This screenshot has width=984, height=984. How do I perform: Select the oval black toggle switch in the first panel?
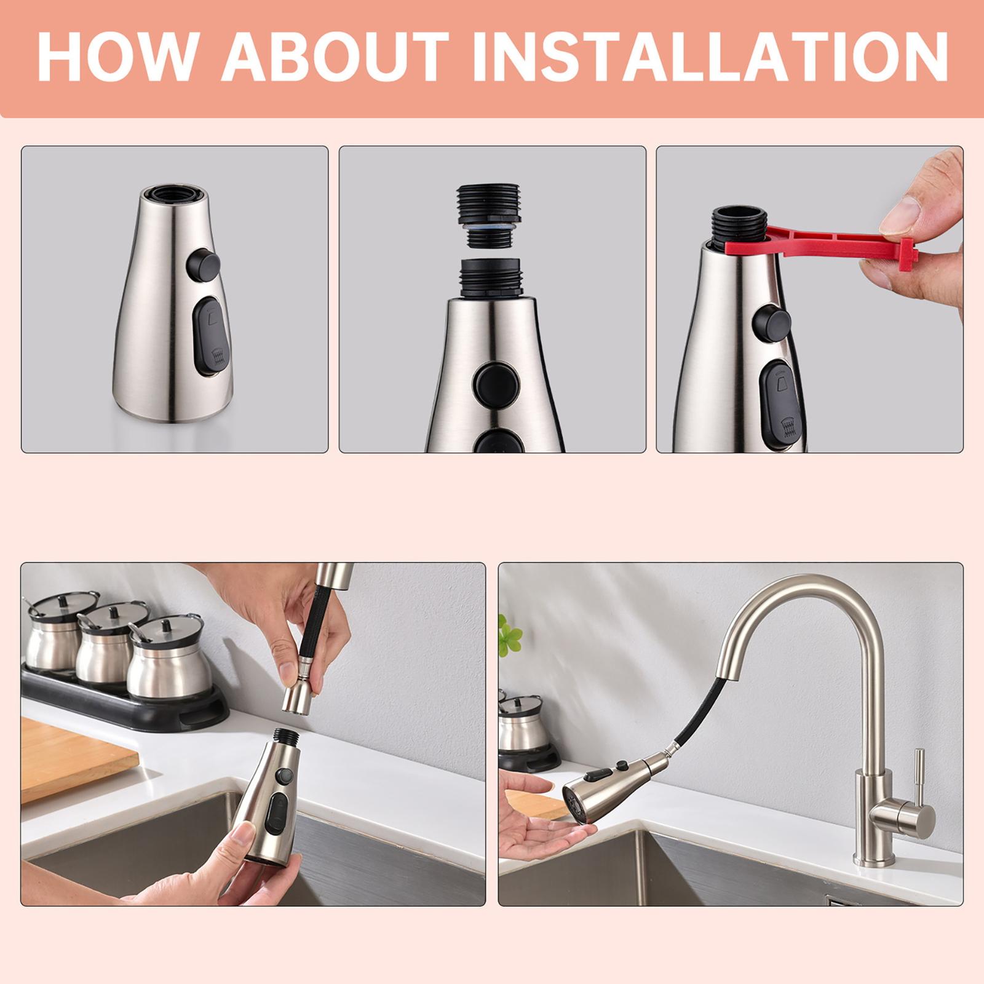210,336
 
